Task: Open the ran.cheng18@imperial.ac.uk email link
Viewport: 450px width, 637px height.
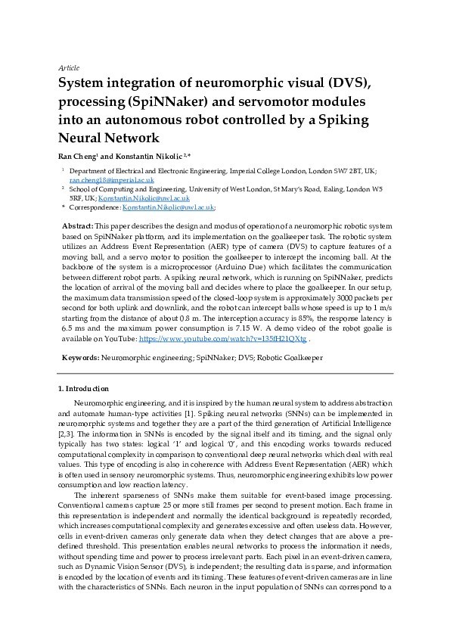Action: [x=111, y=181]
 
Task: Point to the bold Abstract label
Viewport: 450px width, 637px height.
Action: [x=77, y=226]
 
